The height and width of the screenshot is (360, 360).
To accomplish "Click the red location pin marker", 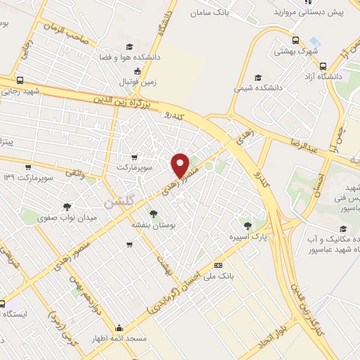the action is (x=181, y=165).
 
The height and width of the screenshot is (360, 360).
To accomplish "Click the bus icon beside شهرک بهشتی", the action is (x=297, y=40).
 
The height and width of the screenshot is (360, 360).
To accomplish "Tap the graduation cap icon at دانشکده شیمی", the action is (x=258, y=77).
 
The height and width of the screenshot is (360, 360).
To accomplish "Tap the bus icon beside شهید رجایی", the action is (x=20, y=79).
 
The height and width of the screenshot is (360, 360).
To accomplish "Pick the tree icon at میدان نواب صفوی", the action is (x=67, y=207).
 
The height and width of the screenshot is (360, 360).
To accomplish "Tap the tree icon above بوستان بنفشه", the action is (x=153, y=214).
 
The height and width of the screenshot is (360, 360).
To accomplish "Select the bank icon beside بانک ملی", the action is (x=218, y=264).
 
